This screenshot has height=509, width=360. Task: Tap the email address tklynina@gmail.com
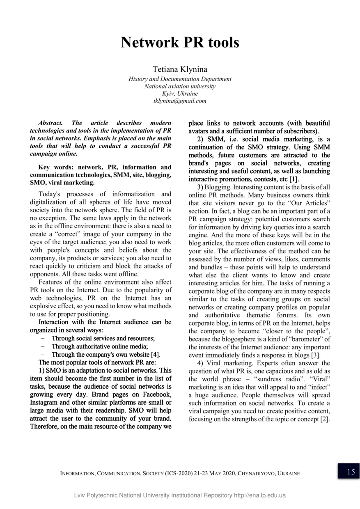pyautogui.click(x=180, y=101)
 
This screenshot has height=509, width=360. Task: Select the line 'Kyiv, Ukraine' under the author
pyautogui.click(x=180, y=94)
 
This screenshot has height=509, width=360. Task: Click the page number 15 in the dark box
pyautogui.click(x=349, y=471)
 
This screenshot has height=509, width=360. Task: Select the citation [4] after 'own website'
pyautogui.click(x=155, y=355)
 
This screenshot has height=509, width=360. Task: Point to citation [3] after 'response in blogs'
pyautogui.click(x=315, y=355)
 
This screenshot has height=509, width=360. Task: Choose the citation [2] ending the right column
pyautogui.click(x=325, y=418)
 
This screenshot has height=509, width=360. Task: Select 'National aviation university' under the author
pyautogui.click(x=180, y=86)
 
